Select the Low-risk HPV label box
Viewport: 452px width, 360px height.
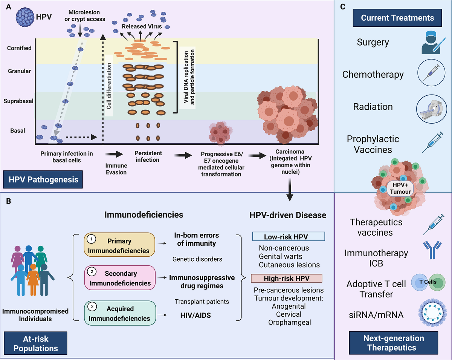(x=288, y=236)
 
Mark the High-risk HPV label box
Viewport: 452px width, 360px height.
(x=287, y=278)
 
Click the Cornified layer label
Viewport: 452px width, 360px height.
(x=19, y=48)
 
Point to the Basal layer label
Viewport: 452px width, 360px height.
(x=18, y=131)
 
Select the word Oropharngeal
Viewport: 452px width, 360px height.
(x=287, y=322)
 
